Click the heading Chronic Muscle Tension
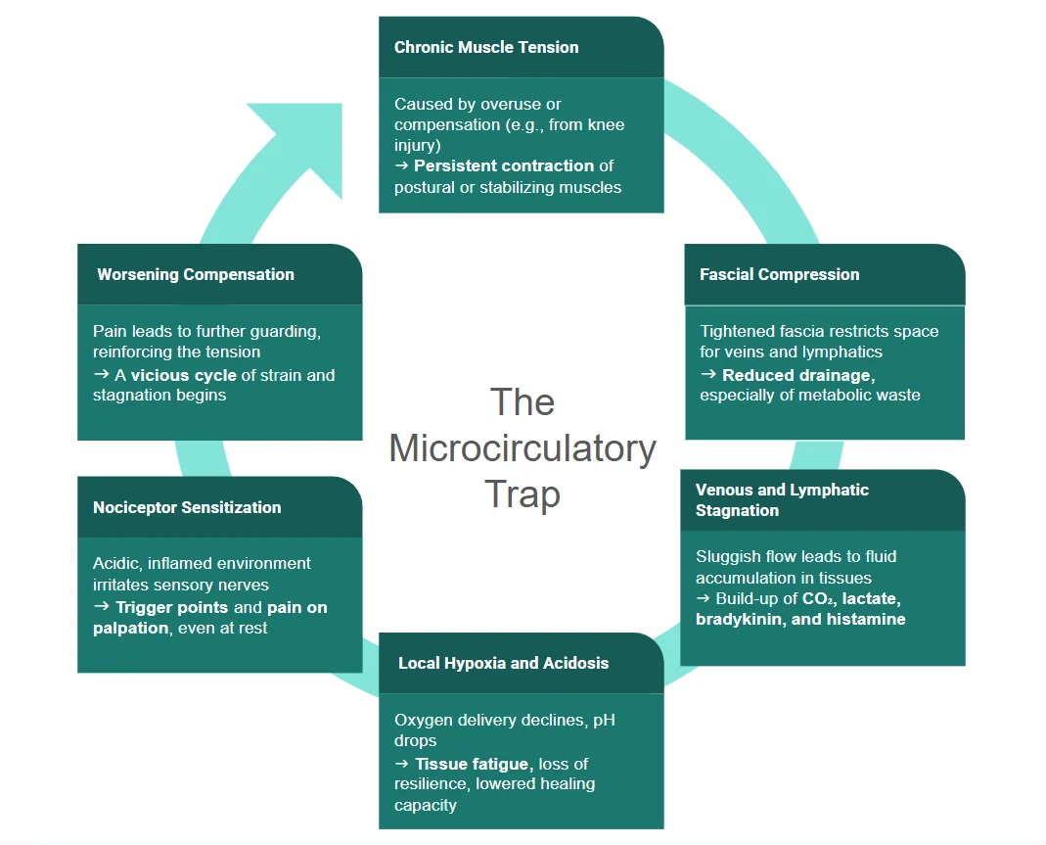(486, 47)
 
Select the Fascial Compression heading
(779, 274)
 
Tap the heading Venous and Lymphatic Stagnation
(782, 499)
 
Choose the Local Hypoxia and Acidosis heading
(503, 663)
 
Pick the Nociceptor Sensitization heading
(187, 507)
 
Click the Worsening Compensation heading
(196, 274)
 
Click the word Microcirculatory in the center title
(523, 448)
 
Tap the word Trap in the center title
(523, 493)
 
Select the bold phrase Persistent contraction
(504, 165)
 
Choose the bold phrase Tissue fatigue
(475, 764)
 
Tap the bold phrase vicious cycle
(184, 375)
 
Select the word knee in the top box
(605, 124)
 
